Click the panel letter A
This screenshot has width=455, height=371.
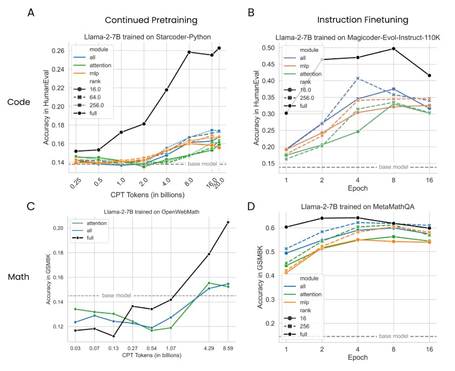31,12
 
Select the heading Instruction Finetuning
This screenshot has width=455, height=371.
362,20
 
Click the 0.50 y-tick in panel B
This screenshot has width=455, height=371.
275,48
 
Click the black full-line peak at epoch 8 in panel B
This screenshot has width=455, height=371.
394,49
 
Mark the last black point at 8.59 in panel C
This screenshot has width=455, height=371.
228,222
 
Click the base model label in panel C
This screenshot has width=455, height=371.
116,296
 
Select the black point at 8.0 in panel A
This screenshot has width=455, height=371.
189,52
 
